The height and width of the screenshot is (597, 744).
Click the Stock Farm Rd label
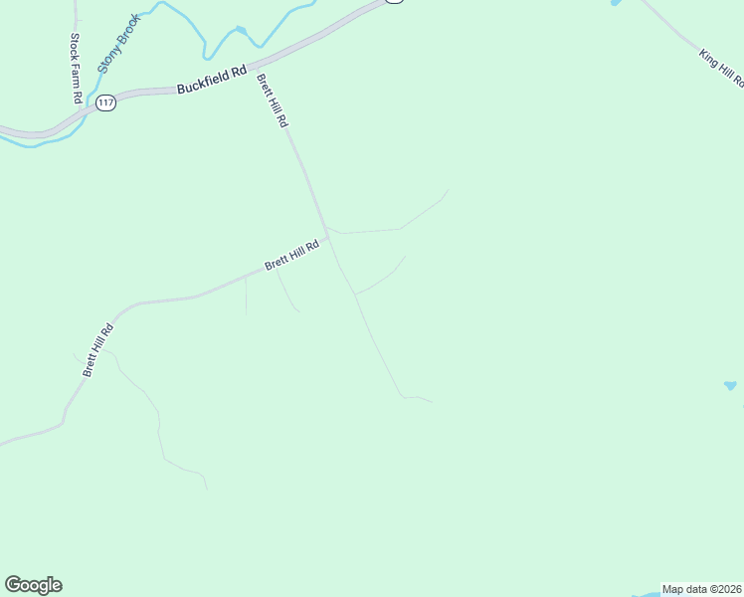click(x=75, y=68)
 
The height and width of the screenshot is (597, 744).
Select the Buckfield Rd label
click(x=211, y=80)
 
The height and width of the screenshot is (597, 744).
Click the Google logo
click(x=33, y=585)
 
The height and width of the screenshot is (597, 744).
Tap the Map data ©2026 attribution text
click(x=701, y=589)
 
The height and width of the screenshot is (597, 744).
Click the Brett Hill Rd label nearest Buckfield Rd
click(x=272, y=100)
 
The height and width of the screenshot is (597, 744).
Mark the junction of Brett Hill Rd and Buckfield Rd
click(x=253, y=69)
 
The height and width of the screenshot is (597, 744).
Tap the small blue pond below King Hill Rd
click(x=730, y=385)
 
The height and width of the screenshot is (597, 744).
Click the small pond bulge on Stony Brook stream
click(x=240, y=31)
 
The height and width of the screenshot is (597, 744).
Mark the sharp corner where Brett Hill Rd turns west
click(x=327, y=236)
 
